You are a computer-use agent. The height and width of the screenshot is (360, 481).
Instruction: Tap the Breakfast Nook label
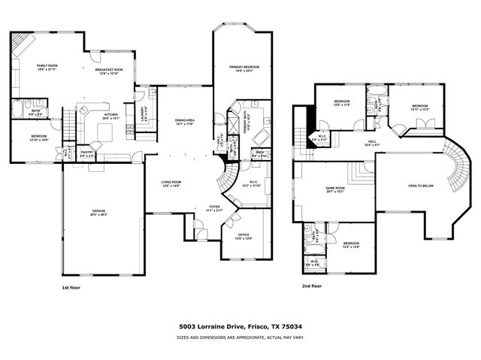coord(109,70)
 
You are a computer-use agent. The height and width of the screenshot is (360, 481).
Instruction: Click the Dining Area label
coord(185,120)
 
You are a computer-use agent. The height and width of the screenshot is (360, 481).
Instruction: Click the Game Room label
coord(335,189)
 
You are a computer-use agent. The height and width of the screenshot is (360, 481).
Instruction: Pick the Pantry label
coord(87,153)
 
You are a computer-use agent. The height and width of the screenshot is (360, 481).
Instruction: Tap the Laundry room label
coord(143,113)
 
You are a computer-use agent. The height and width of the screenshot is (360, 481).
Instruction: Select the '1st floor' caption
coord(72,286)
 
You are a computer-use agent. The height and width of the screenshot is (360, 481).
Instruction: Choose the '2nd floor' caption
coord(312,286)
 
